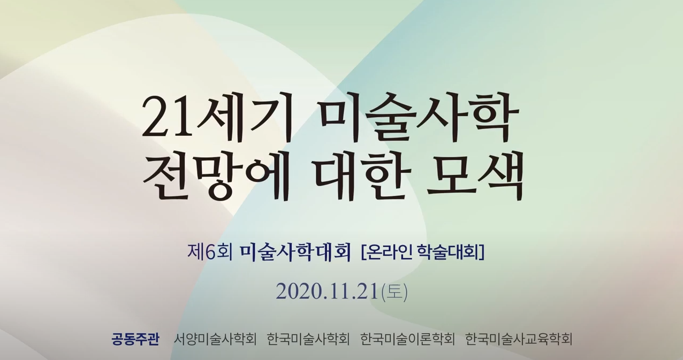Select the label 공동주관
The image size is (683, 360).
coord(135,339)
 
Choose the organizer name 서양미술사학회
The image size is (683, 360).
coord(215,339)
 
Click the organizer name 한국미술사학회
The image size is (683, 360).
coord(308,339)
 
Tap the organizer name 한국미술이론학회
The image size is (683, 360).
coord(408,339)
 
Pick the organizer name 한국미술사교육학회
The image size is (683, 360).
coord(519,339)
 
